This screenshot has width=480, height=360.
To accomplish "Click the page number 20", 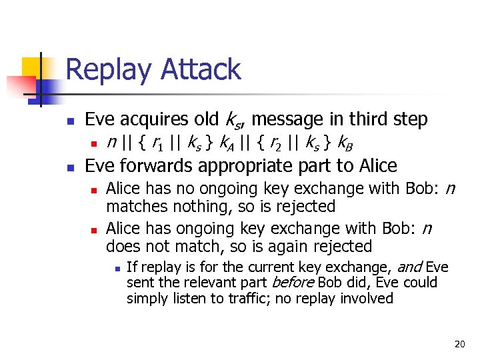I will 459,344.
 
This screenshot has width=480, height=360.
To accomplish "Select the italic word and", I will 409,268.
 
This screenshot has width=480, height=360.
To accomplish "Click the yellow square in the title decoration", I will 32,67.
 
